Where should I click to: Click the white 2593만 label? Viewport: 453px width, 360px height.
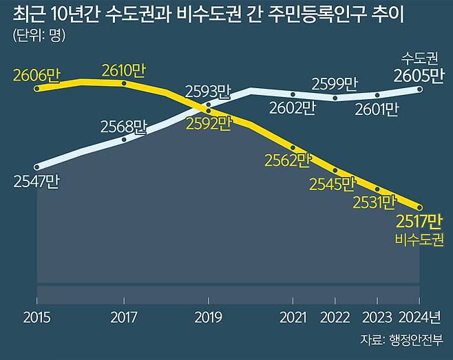pos(209,91)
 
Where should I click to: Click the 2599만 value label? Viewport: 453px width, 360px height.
pos(335,84)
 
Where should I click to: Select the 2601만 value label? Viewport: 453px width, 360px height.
pos(376,108)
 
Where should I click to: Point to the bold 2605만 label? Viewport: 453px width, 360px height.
pos(418,75)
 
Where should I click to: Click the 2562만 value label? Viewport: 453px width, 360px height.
pos(288,161)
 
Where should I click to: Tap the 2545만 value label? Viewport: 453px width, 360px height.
pos(332,184)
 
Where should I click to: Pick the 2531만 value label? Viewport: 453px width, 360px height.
pos(374,202)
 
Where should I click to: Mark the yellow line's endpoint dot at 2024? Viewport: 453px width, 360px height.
pos(419,207)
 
